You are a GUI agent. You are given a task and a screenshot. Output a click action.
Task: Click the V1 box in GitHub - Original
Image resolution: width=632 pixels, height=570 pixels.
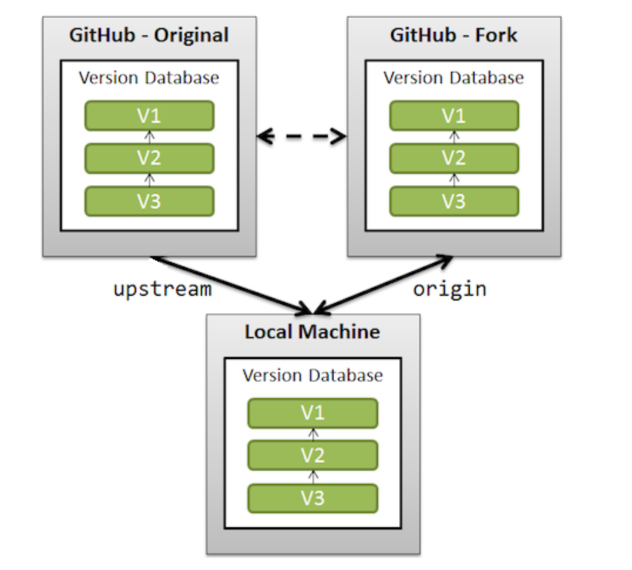point(149,116)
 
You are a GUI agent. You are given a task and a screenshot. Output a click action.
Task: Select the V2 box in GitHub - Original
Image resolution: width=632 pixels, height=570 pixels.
point(149,158)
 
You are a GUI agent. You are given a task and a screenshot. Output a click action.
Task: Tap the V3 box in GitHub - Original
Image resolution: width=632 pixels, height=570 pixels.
point(149,201)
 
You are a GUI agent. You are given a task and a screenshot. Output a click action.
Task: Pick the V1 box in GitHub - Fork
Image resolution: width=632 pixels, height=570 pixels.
point(454,116)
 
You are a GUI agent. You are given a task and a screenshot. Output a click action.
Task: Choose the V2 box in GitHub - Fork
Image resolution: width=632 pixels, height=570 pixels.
point(454,158)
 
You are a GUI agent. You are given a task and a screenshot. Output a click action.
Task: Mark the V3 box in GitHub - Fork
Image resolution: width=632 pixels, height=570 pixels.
point(454,201)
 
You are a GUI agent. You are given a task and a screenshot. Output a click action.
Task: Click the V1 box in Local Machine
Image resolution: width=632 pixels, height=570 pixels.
point(312,413)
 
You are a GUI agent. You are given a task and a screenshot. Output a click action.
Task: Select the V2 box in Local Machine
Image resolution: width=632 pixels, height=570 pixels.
point(312,456)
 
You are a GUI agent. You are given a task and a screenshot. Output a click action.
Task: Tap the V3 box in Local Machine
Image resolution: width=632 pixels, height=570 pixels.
point(312,498)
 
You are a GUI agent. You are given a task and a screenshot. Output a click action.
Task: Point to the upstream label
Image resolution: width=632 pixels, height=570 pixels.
point(162,289)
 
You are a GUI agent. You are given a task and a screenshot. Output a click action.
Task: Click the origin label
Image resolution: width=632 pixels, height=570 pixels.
point(449,289)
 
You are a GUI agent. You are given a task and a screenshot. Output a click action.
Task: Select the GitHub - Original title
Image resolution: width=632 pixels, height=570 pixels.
point(149,35)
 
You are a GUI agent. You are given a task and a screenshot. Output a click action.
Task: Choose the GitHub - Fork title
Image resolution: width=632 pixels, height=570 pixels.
point(453,35)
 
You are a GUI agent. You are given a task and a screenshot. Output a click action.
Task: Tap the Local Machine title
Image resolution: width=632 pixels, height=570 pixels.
point(312,332)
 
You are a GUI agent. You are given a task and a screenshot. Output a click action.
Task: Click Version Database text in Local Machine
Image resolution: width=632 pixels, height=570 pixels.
point(312,375)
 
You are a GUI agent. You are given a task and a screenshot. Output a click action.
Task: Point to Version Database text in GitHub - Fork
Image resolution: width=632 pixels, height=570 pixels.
point(453,77)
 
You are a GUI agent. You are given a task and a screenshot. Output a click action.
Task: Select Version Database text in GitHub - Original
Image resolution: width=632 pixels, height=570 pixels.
point(149,77)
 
